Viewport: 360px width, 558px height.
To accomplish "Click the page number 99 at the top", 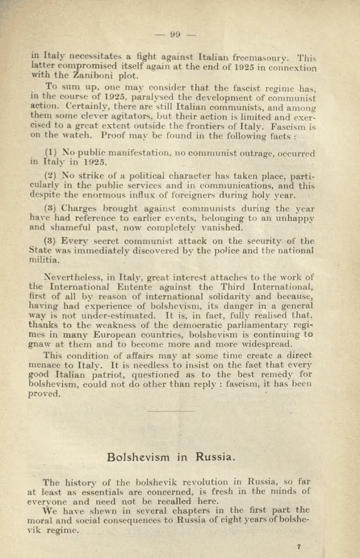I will click(x=175, y=35).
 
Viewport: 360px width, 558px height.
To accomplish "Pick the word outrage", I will click(x=261, y=154).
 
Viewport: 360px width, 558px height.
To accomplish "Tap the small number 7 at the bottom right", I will click(x=299, y=546).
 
